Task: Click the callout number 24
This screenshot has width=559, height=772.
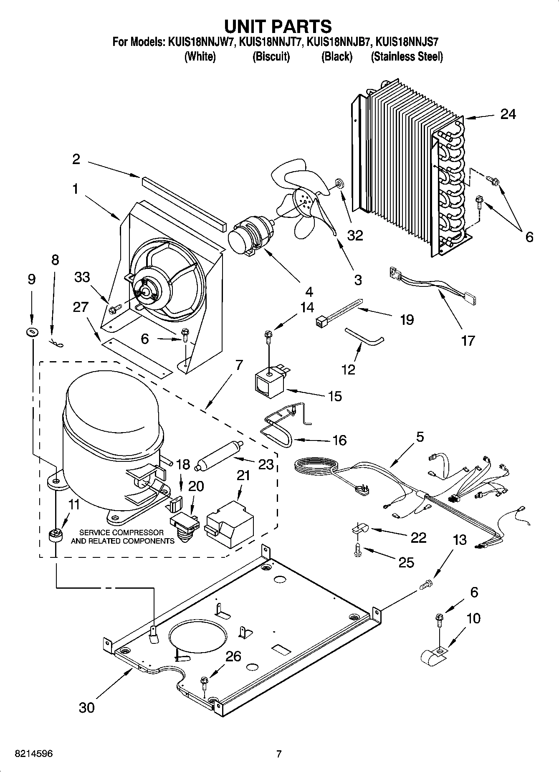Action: click(508, 114)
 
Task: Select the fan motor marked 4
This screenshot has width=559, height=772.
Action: click(249, 237)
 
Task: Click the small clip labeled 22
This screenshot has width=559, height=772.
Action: click(359, 529)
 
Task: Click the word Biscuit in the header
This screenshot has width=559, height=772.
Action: click(271, 56)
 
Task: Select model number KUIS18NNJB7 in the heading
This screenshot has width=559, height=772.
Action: click(339, 42)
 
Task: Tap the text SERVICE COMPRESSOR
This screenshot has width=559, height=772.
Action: click(121, 533)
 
